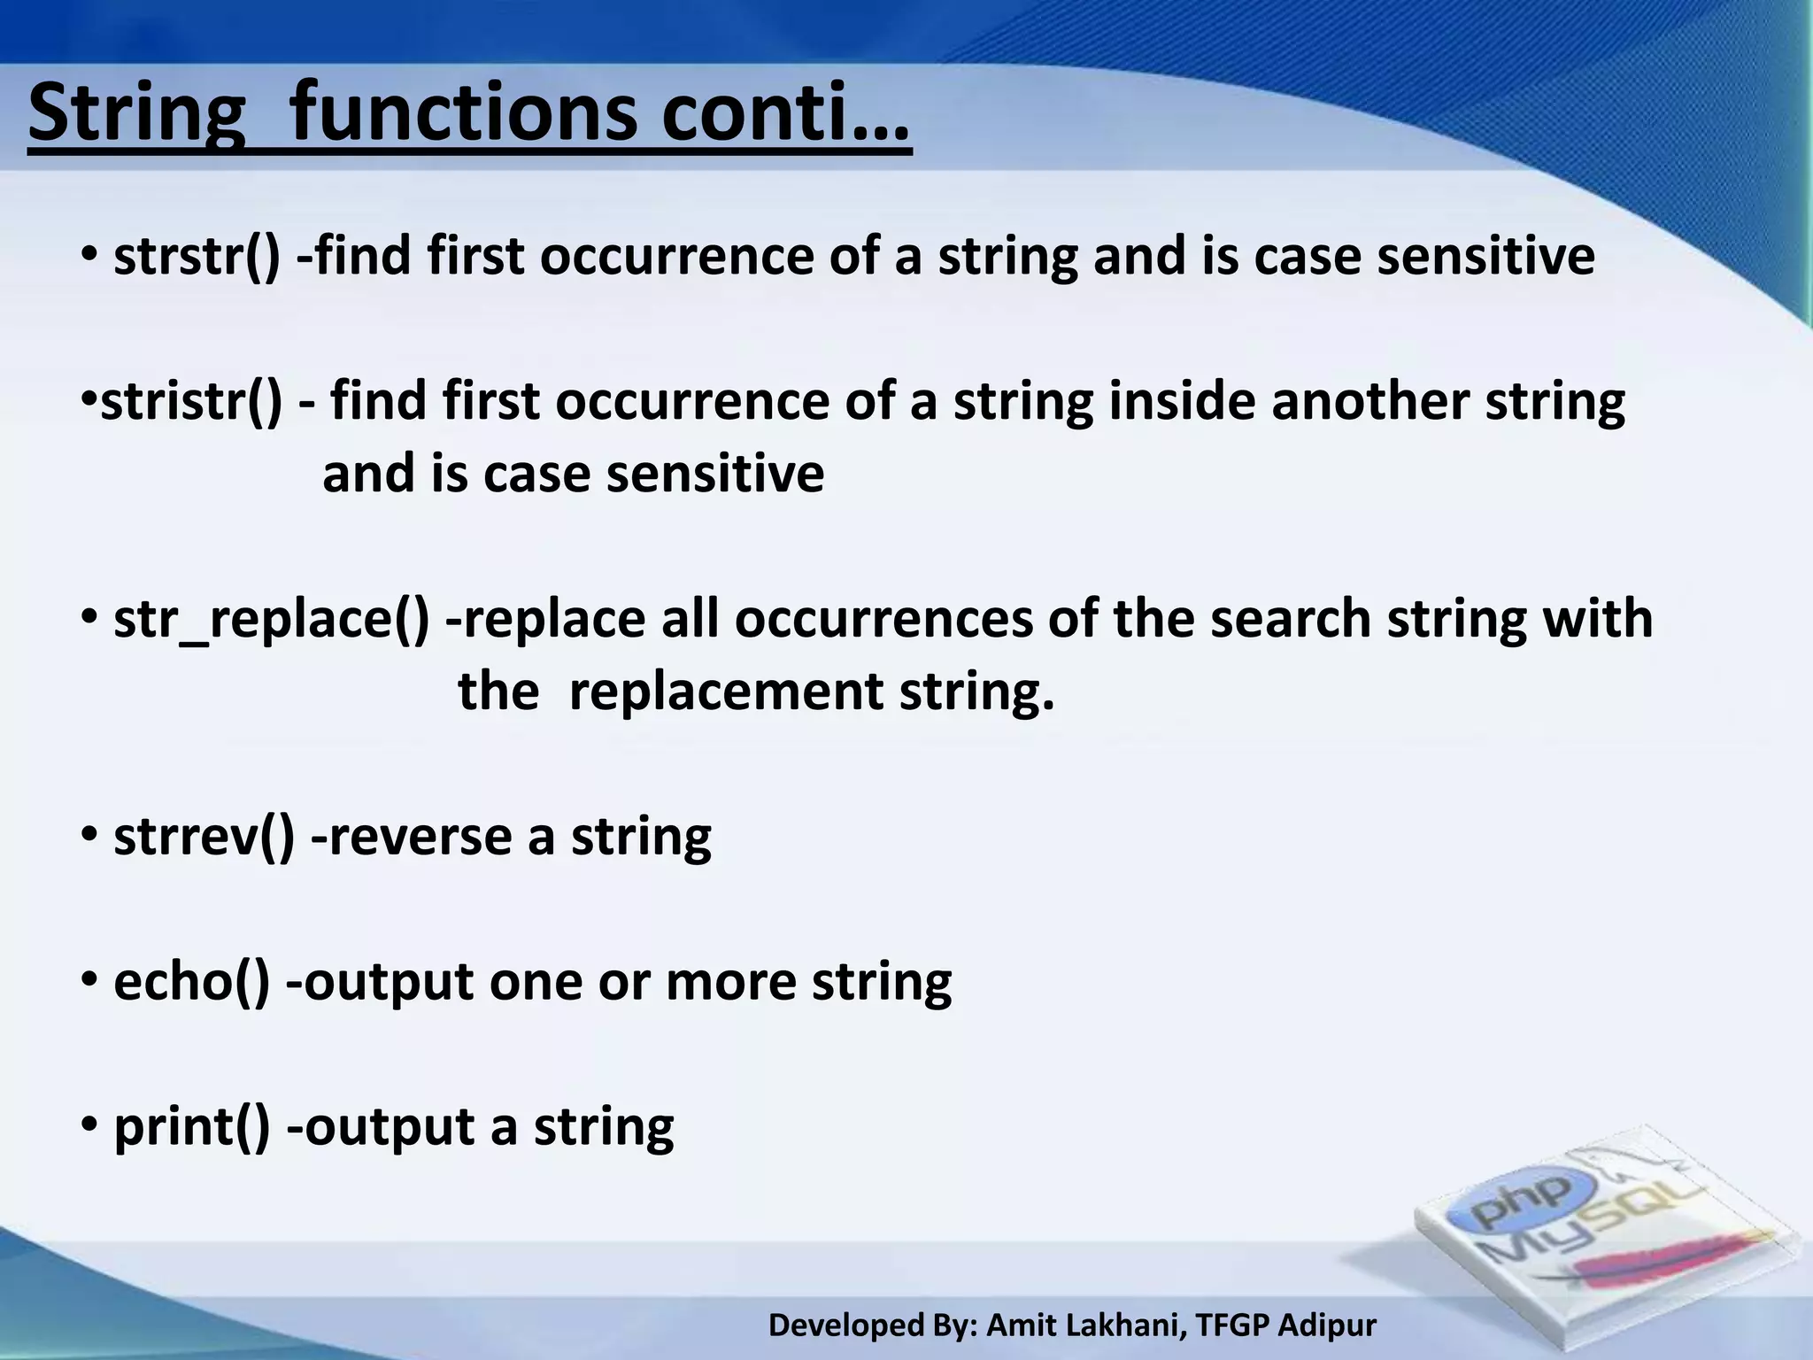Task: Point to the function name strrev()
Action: click(204, 836)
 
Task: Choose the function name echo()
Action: click(191, 981)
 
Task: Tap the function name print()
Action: click(191, 1126)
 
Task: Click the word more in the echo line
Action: click(730, 981)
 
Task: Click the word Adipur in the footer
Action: click(1328, 1325)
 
